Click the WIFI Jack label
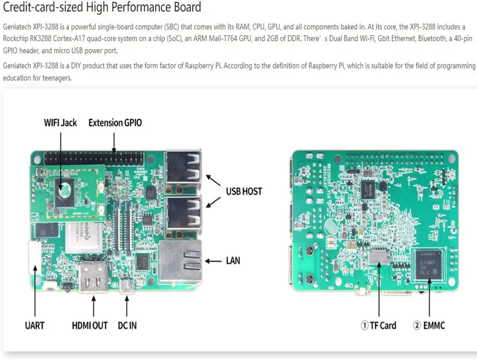[60, 123]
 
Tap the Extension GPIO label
[115, 123]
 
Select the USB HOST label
[244, 191]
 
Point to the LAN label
[233, 261]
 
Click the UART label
[34, 325]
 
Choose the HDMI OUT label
[90, 325]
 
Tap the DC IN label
[127, 325]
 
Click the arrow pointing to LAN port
[213, 261]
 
